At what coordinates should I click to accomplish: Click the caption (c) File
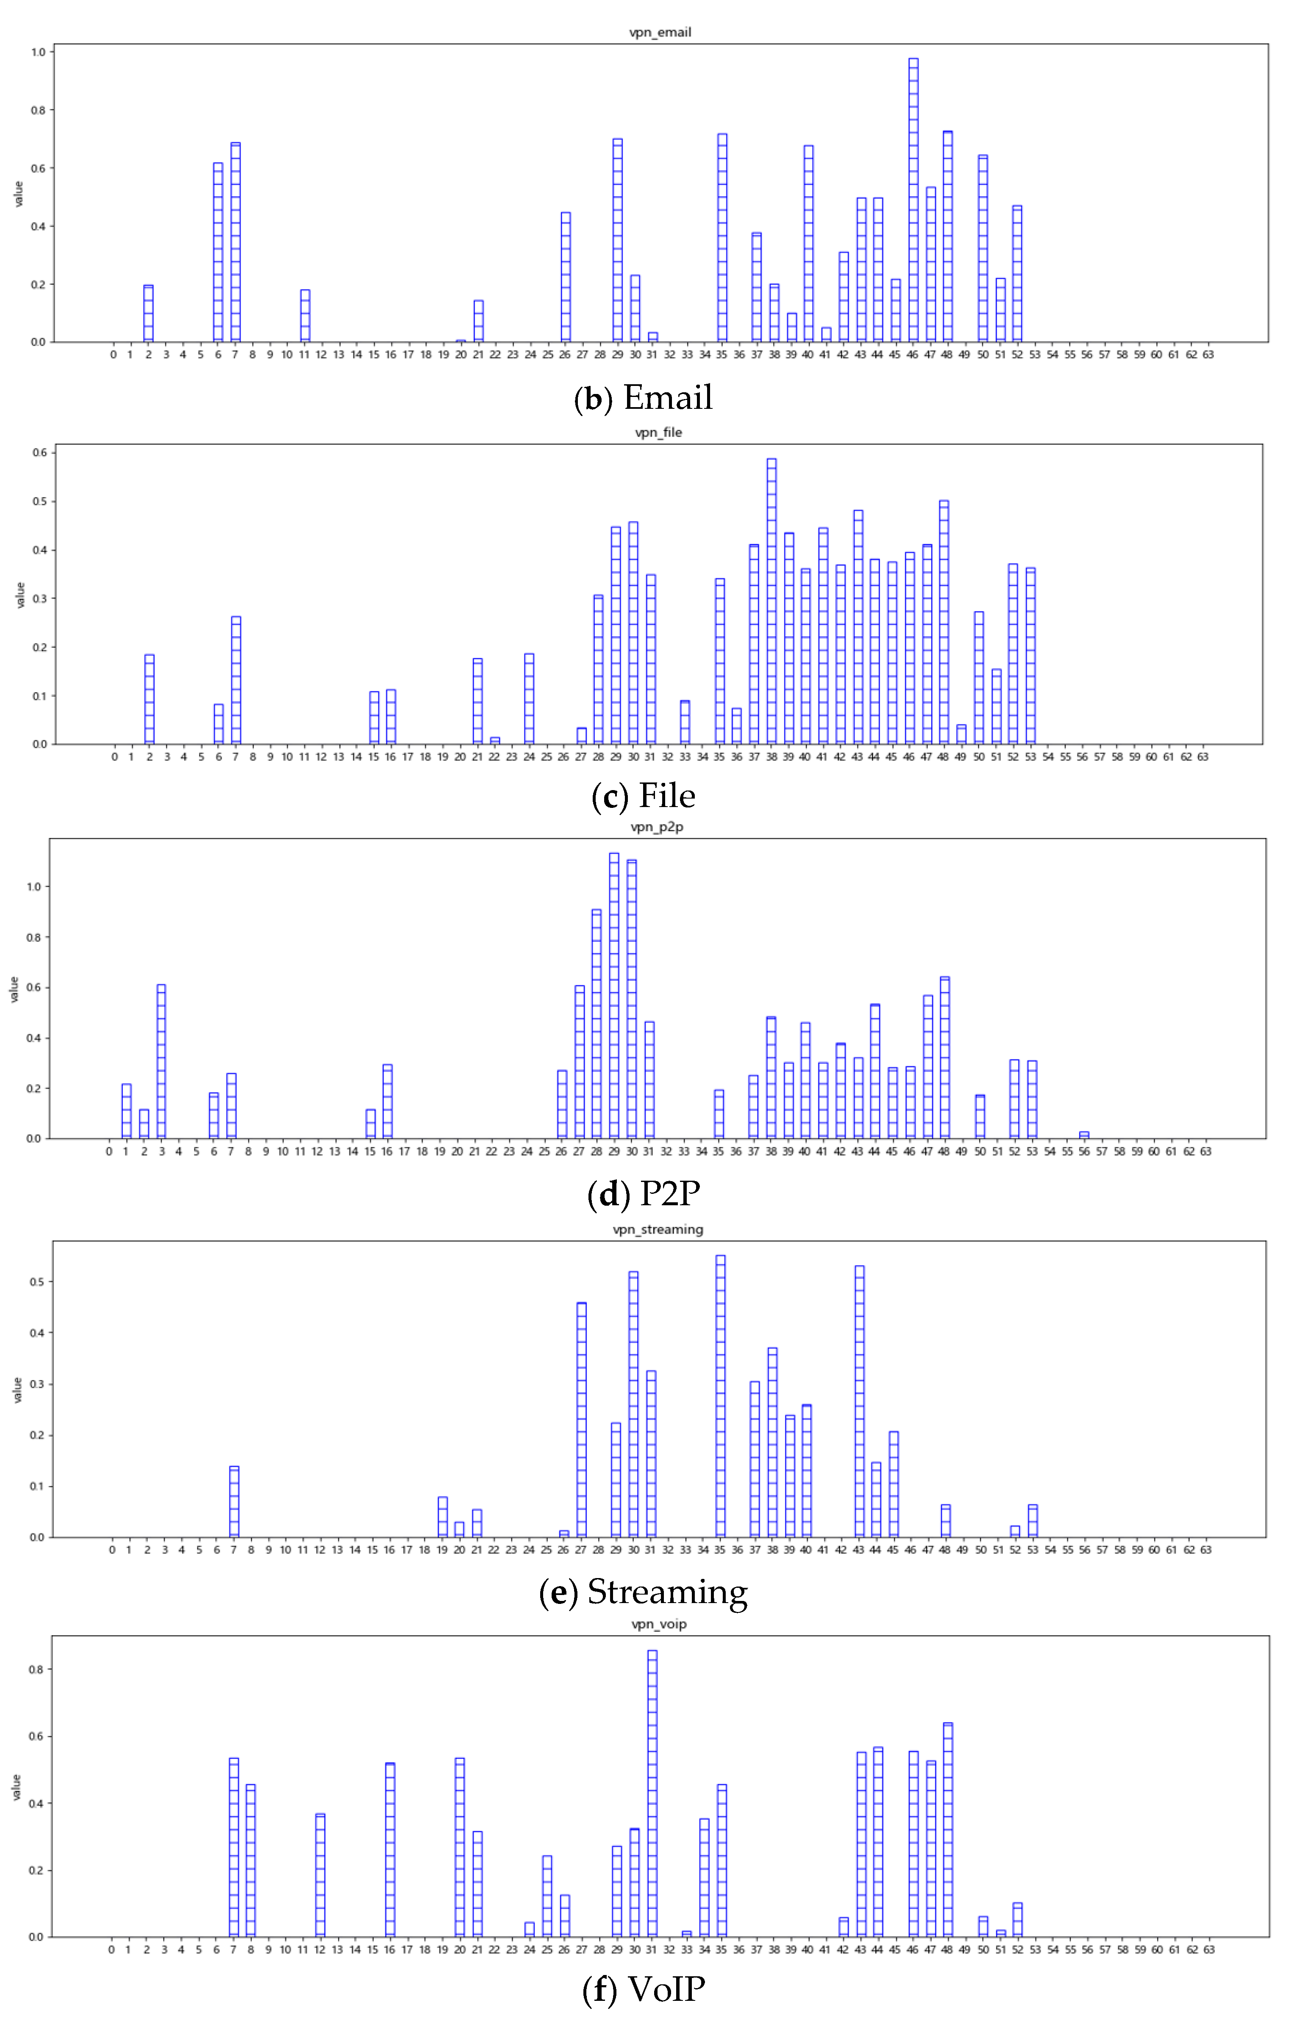pos(643,796)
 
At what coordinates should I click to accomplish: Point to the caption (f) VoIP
pos(643,1989)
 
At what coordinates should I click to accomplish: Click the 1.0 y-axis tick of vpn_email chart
pos(37,52)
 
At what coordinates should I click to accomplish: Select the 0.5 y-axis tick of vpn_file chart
pos(39,502)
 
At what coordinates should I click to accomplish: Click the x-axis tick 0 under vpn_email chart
pos(113,355)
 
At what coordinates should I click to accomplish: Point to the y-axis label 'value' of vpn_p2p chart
pos(14,989)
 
